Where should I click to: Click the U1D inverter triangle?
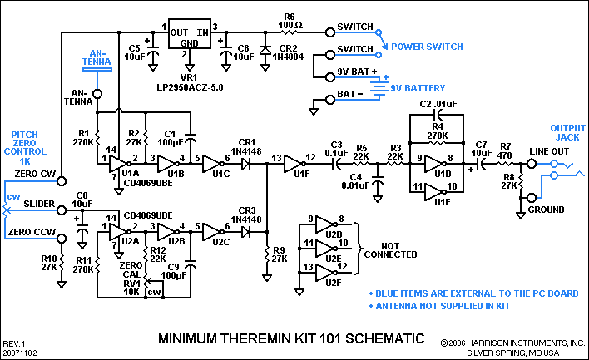(x=436, y=163)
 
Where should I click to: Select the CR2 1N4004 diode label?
(x=289, y=54)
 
